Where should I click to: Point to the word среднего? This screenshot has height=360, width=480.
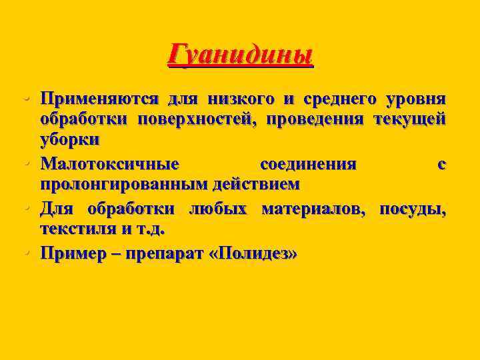(338, 99)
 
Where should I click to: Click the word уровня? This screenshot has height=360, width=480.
(416, 99)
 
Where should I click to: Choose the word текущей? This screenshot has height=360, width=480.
(413, 120)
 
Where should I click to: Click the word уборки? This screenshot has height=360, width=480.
(70, 141)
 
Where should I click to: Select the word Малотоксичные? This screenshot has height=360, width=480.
(109, 163)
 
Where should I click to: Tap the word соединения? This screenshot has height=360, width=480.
(308, 163)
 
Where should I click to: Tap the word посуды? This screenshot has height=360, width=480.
(413, 209)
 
